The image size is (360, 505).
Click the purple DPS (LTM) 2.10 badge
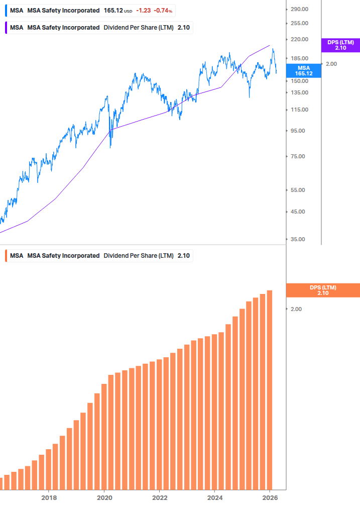[340, 45]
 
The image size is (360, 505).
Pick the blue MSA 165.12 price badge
[304, 70]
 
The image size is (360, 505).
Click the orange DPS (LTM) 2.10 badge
[322, 290]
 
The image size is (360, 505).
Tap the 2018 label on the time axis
[49, 498]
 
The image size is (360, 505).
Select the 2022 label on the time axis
[159, 498]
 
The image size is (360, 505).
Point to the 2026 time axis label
[270, 498]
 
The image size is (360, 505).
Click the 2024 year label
[214, 498]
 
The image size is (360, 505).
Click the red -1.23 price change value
[143, 10]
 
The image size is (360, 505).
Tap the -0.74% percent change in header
[163, 10]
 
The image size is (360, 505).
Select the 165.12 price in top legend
[113, 10]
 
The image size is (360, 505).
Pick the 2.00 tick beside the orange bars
[296, 309]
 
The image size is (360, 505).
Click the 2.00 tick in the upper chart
[331, 64]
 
